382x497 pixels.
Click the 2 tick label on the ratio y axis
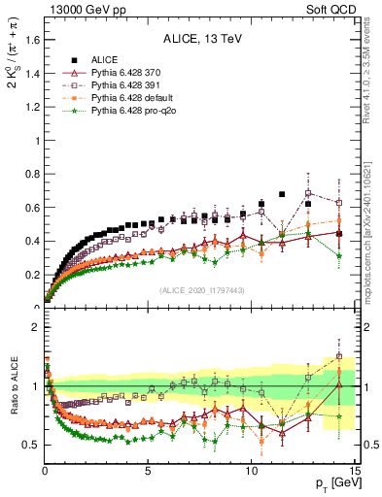tap(35, 327)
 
